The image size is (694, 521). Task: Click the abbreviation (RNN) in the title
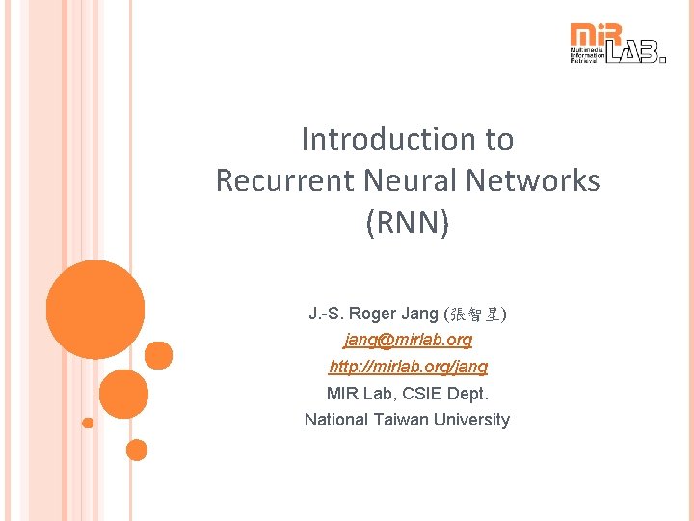pos(407,223)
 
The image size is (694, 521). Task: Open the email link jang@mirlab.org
pos(408,341)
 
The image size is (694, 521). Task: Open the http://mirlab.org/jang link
pos(408,367)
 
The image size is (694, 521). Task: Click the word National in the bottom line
pos(334,420)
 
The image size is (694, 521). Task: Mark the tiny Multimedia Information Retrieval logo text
pos(587,54)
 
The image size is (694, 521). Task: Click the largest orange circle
pos(95,310)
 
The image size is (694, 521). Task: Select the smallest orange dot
pos(88,423)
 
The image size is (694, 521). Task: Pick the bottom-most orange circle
pos(137,450)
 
